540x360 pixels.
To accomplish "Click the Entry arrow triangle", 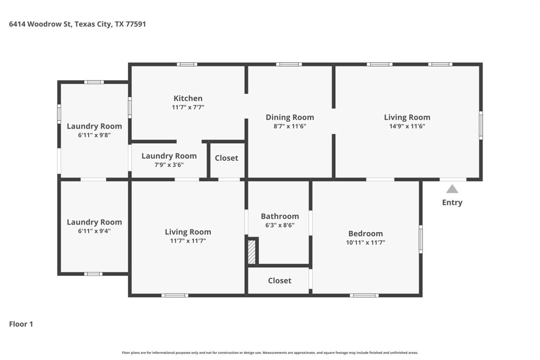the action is pos(452,189).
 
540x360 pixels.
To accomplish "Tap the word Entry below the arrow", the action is pos(452,202).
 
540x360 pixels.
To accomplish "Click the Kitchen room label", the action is pos(188,99).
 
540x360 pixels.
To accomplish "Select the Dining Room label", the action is pos(290,118).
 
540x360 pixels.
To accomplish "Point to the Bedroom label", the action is pos(365,233).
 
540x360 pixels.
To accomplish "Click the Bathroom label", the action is pos(279,216).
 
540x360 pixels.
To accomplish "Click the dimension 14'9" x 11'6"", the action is pos(407,126).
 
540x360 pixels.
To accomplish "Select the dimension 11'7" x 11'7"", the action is pos(188,241).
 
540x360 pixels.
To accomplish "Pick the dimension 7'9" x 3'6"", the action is pos(169,165).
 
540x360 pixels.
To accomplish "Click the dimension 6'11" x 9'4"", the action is pos(94,231).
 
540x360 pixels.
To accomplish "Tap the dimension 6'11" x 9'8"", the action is pos(94,135).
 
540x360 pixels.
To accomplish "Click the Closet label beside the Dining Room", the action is pos(226,158).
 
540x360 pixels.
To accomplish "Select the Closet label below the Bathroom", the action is pos(279,280).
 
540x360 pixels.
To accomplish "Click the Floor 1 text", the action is pos(21,324).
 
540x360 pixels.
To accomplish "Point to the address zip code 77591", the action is pos(136,24).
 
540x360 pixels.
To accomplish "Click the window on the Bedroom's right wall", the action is pos(420,239).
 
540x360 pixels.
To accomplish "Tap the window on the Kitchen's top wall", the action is pos(187,64).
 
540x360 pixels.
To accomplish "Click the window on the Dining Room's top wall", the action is pos(289,64).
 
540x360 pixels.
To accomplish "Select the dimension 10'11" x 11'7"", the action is pos(365,242).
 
